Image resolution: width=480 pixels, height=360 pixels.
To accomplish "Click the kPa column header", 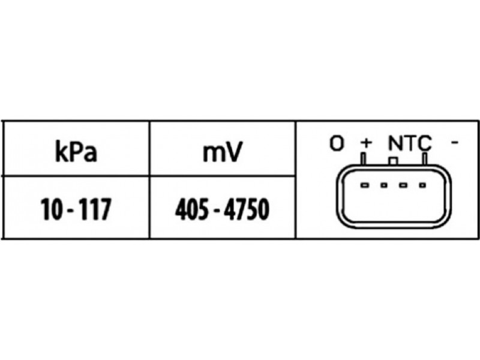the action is click(76, 151).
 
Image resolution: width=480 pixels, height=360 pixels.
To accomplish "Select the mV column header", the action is click(223, 152).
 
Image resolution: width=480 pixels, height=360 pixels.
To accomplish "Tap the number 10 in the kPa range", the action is click(52, 209).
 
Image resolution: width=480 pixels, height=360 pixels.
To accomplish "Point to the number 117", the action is click(94, 209).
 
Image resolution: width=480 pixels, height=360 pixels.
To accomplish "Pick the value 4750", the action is click(247, 209).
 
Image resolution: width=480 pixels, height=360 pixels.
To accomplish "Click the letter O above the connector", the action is click(337, 143).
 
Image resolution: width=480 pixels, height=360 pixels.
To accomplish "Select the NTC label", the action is click(410, 143).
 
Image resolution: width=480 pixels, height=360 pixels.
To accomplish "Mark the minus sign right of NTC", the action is click(455, 142).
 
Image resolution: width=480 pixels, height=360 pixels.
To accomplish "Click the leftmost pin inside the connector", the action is click(365, 185).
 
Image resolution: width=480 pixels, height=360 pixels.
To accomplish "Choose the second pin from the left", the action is click(384, 185).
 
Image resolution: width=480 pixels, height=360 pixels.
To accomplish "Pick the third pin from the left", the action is click(403, 185).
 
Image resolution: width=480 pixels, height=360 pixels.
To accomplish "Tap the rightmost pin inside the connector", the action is click(422, 185).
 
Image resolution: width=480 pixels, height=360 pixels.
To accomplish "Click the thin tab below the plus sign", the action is click(364, 159).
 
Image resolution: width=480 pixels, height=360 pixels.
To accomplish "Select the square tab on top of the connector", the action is click(393, 161).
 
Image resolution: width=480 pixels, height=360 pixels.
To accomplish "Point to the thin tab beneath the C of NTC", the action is click(425, 159).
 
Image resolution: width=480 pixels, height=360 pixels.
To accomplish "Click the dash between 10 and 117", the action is click(70, 211).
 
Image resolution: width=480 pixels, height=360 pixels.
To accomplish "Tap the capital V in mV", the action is click(234, 152).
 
